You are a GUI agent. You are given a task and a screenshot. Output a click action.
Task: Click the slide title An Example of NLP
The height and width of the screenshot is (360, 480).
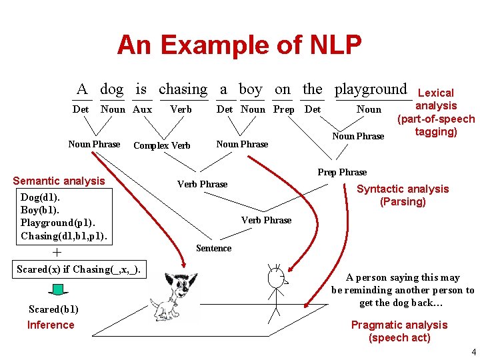[x=239, y=45]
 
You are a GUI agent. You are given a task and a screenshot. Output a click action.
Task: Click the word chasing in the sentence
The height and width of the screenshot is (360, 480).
[x=183, y=89]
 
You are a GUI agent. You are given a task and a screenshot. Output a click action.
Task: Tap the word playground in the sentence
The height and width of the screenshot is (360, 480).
[x=371, y=89]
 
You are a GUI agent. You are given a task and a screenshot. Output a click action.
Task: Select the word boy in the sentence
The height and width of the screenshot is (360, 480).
[x=250, y=89]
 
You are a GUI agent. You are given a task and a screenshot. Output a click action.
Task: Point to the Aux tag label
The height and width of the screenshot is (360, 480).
[x=142, y=109]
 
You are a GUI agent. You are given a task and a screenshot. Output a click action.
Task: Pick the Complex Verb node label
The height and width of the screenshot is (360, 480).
[x=162, y=145]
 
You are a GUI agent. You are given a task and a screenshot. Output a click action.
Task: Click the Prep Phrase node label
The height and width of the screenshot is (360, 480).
[x=342, y=172]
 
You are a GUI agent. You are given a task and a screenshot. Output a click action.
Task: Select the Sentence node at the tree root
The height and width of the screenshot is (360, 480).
[x=213, y=248]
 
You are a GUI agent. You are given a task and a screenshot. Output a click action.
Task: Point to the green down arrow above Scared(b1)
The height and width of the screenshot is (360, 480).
[x=57, y=289]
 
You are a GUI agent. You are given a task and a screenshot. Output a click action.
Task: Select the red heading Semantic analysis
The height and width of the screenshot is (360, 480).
[x=59, y=181]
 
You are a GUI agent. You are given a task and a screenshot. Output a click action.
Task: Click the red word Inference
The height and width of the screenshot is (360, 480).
[x=51, y=325]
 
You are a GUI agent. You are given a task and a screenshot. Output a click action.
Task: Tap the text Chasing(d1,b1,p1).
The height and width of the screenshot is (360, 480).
[x=63, y=236]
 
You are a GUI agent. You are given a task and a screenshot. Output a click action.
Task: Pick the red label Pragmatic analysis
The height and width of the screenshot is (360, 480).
[x=399, y=325]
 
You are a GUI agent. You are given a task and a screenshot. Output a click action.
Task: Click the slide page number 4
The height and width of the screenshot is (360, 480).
[x=473, y=351]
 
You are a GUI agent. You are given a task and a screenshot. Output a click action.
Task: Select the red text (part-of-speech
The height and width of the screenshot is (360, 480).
[x=436, y=119]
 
